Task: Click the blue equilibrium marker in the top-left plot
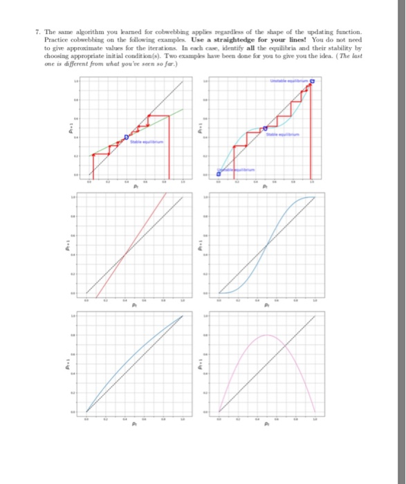coord(126,138)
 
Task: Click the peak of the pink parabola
coord(267,335)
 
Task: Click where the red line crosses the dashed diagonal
coord(123,256)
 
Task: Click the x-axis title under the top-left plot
coord(135,186)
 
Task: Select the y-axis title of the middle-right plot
coord(201,245)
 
